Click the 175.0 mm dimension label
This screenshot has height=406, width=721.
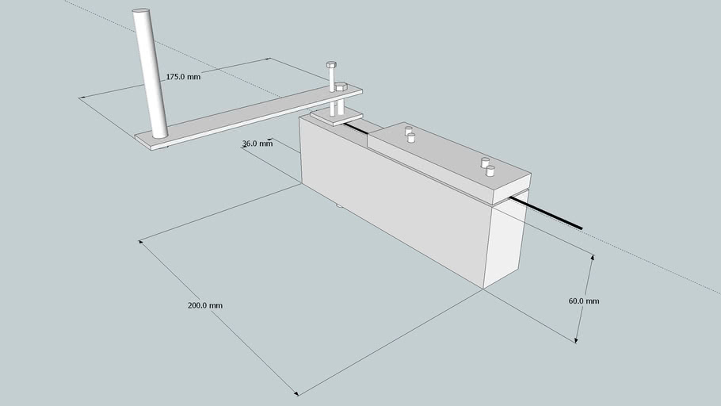click(x=183, y=78)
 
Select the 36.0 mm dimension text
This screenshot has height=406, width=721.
click(x=257, y=144)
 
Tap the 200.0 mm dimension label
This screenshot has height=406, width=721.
click(x=205, y=305)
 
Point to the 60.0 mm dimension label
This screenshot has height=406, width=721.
click(x=584, y=301)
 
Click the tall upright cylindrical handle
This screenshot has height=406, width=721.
click(x=151, y=71)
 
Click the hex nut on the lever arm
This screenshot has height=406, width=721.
click(x=341, y=86)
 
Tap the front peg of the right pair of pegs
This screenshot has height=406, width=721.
click(x=490, y=170)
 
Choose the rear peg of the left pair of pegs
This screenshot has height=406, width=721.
click(x=408, y=129)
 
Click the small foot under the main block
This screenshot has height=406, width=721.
click(x=339, y=207)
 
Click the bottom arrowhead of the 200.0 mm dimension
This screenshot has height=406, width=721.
click(x=296, y=393)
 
